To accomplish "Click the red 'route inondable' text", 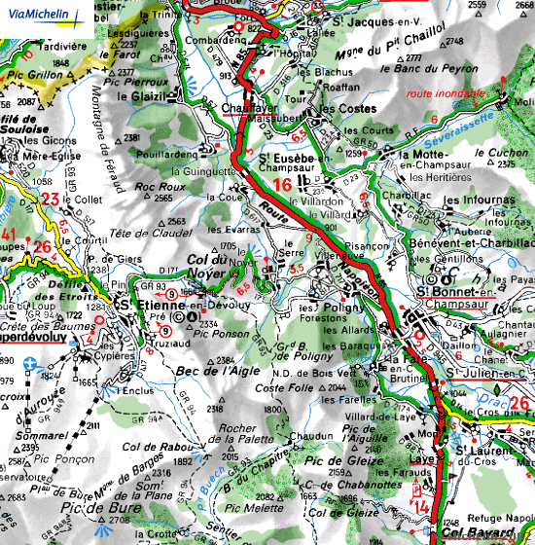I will coord(446,93).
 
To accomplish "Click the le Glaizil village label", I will coord(146,95).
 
